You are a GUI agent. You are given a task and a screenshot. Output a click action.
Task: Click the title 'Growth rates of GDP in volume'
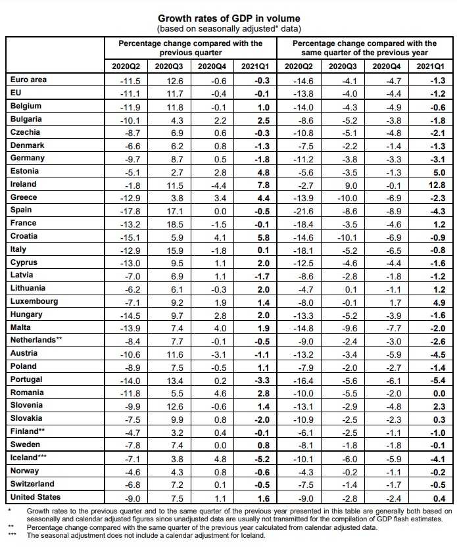pyautogui.click(x=228, y=18)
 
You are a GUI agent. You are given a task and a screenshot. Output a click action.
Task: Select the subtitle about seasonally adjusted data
pyautogui.click(x=228, y=29)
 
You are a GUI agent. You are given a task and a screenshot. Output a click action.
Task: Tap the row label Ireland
pyautogui.click(x=24, y=184)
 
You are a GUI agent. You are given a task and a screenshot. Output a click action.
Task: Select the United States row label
pyautogui.click(x=36, y=497)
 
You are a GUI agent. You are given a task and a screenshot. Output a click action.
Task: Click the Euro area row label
pyautogui.click(x=29, y=80)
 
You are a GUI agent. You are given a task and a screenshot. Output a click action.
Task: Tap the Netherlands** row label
pyautogui.click(x=36, y=340)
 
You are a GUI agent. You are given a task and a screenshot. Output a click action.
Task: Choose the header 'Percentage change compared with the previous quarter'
pyautogui.click(x=190, y=47)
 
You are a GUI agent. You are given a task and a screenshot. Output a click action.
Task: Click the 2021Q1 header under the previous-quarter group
pyautogui.click(x=254, y=66)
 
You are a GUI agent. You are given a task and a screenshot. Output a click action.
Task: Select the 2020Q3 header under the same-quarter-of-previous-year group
pyautogui.click(x=343, y=66)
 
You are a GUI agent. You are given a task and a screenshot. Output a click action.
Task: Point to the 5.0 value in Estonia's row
pyautogui.click(x=438, y=172)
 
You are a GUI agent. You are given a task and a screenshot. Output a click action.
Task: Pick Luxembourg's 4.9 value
pyautogui.click(x=438, y=302)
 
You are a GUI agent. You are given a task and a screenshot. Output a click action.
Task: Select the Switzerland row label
pyautogui.click(x=33, y=484)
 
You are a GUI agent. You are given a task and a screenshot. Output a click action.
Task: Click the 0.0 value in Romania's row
pyautogui.click(x=438, y=393)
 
